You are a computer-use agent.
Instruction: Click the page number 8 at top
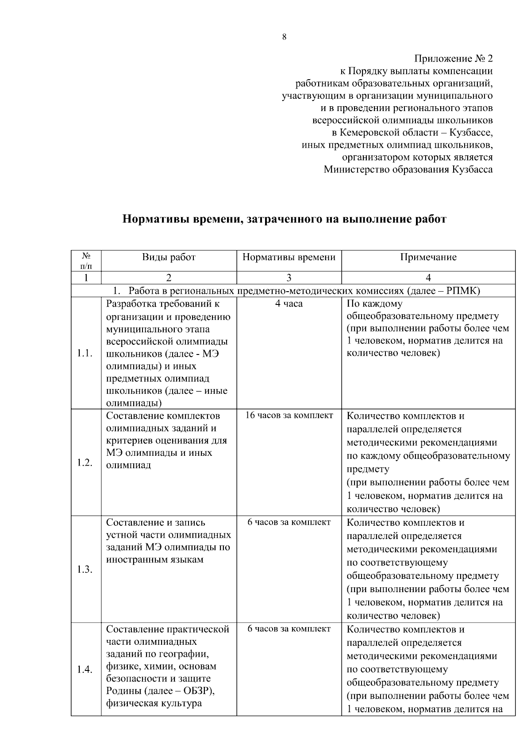(284, 37)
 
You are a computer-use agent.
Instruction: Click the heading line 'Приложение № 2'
(453, 59)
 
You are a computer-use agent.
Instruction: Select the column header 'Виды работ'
(169, 257)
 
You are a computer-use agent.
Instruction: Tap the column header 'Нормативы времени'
(289, 257)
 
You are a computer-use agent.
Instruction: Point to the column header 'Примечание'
(428, 257)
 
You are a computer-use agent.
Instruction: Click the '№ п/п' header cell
(86, 261)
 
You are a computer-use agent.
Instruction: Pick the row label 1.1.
(85, 353)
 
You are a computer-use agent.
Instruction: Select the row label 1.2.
(85, 462)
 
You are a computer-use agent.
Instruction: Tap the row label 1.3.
(85, 569)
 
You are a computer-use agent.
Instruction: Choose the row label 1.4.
(85, 670)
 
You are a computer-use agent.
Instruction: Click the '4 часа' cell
(289, 304)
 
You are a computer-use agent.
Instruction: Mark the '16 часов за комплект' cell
(289, 416)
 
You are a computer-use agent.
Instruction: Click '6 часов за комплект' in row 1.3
(289, 522)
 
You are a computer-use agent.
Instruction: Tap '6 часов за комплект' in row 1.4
(289, 629)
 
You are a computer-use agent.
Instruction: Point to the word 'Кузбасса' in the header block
(472, 169)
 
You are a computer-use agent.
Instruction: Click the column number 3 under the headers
(289, 278)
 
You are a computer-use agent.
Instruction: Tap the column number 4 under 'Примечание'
(428, 278)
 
